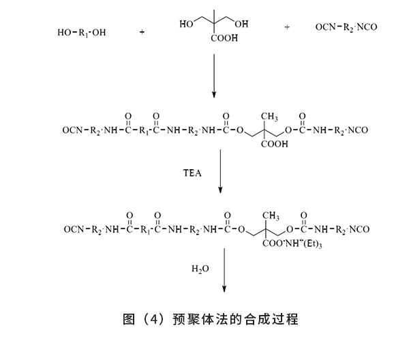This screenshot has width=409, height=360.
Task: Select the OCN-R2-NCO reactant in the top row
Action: tap(346, 28)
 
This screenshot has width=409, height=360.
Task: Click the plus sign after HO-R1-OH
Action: tap(142, 31)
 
